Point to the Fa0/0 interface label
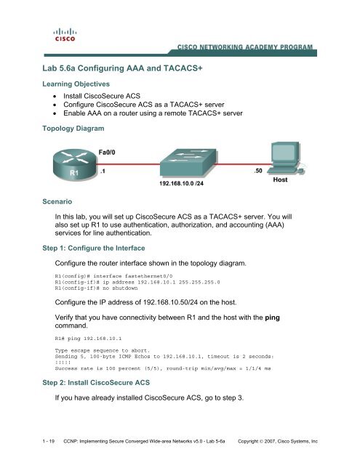pos(108,152)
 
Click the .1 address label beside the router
pos(103,171)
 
